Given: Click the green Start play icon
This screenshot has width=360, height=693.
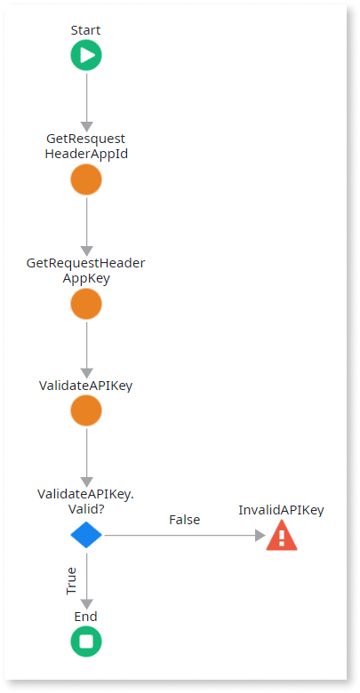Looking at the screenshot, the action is tap(86, 55).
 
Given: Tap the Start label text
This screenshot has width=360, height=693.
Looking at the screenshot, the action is tap(86, 30).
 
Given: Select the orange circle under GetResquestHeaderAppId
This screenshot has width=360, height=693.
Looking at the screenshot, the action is tap(86, 179).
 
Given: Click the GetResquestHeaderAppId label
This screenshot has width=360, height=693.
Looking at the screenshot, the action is tap(86, 147).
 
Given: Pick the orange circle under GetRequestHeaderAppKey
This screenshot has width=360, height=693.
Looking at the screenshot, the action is tap(86, 304).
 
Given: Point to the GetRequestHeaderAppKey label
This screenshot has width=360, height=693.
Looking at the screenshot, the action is tap(86, 271).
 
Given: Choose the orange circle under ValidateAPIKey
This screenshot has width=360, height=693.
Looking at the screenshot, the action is tap(86, 410).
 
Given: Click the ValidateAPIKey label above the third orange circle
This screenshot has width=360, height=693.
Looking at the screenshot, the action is tap(86, 386).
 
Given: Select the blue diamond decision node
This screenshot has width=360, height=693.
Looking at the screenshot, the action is tap(86, 535).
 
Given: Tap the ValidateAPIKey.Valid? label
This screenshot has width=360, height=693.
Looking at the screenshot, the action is tap(86, 502).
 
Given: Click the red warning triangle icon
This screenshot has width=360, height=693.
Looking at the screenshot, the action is tap(282, 535).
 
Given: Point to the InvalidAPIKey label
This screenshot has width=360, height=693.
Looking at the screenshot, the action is tap(281, 510).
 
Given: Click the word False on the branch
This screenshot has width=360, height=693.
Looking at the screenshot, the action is tap(184, 520).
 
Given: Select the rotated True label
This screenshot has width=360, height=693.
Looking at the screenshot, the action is tap(71, 580).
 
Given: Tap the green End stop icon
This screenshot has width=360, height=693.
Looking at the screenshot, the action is tap(86, 641).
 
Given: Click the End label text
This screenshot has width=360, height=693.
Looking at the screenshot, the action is tap(86, 616).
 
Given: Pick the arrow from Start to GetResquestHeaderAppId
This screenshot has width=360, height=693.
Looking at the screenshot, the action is tap(87, 102).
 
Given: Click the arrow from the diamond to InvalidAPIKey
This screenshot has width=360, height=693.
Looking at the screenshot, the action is tap(184, 535).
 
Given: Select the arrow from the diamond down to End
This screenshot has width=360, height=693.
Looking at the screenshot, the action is tap(87, 580).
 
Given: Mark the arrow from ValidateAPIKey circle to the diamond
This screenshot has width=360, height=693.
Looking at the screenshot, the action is tap(87, 458).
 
